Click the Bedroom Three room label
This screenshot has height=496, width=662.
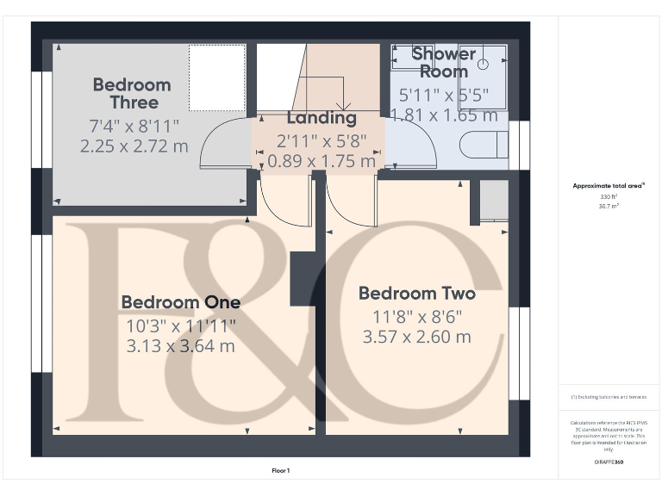pos(132,94)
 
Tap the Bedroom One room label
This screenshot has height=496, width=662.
pos(180,302)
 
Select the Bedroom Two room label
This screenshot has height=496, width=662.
pos(416,294)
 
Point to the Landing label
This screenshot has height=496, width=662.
pos(322,118)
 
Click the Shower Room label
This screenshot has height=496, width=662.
pos(443,62)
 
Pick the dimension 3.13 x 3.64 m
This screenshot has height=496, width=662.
pos(181,346)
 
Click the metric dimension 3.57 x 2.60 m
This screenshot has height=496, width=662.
pos(417,337)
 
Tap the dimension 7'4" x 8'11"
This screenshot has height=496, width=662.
pos(134,126)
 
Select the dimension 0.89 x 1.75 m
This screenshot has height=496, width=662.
pos(322,160)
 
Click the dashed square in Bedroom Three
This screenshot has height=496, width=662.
pos(216,77)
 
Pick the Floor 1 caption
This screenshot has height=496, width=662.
pos(281,470)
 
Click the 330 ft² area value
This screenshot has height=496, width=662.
pos(609,197)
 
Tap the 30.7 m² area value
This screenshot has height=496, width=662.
pos(609,205)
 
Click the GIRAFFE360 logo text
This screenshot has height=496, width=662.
pos(609,463)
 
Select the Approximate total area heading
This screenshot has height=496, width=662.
pos(609,186)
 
